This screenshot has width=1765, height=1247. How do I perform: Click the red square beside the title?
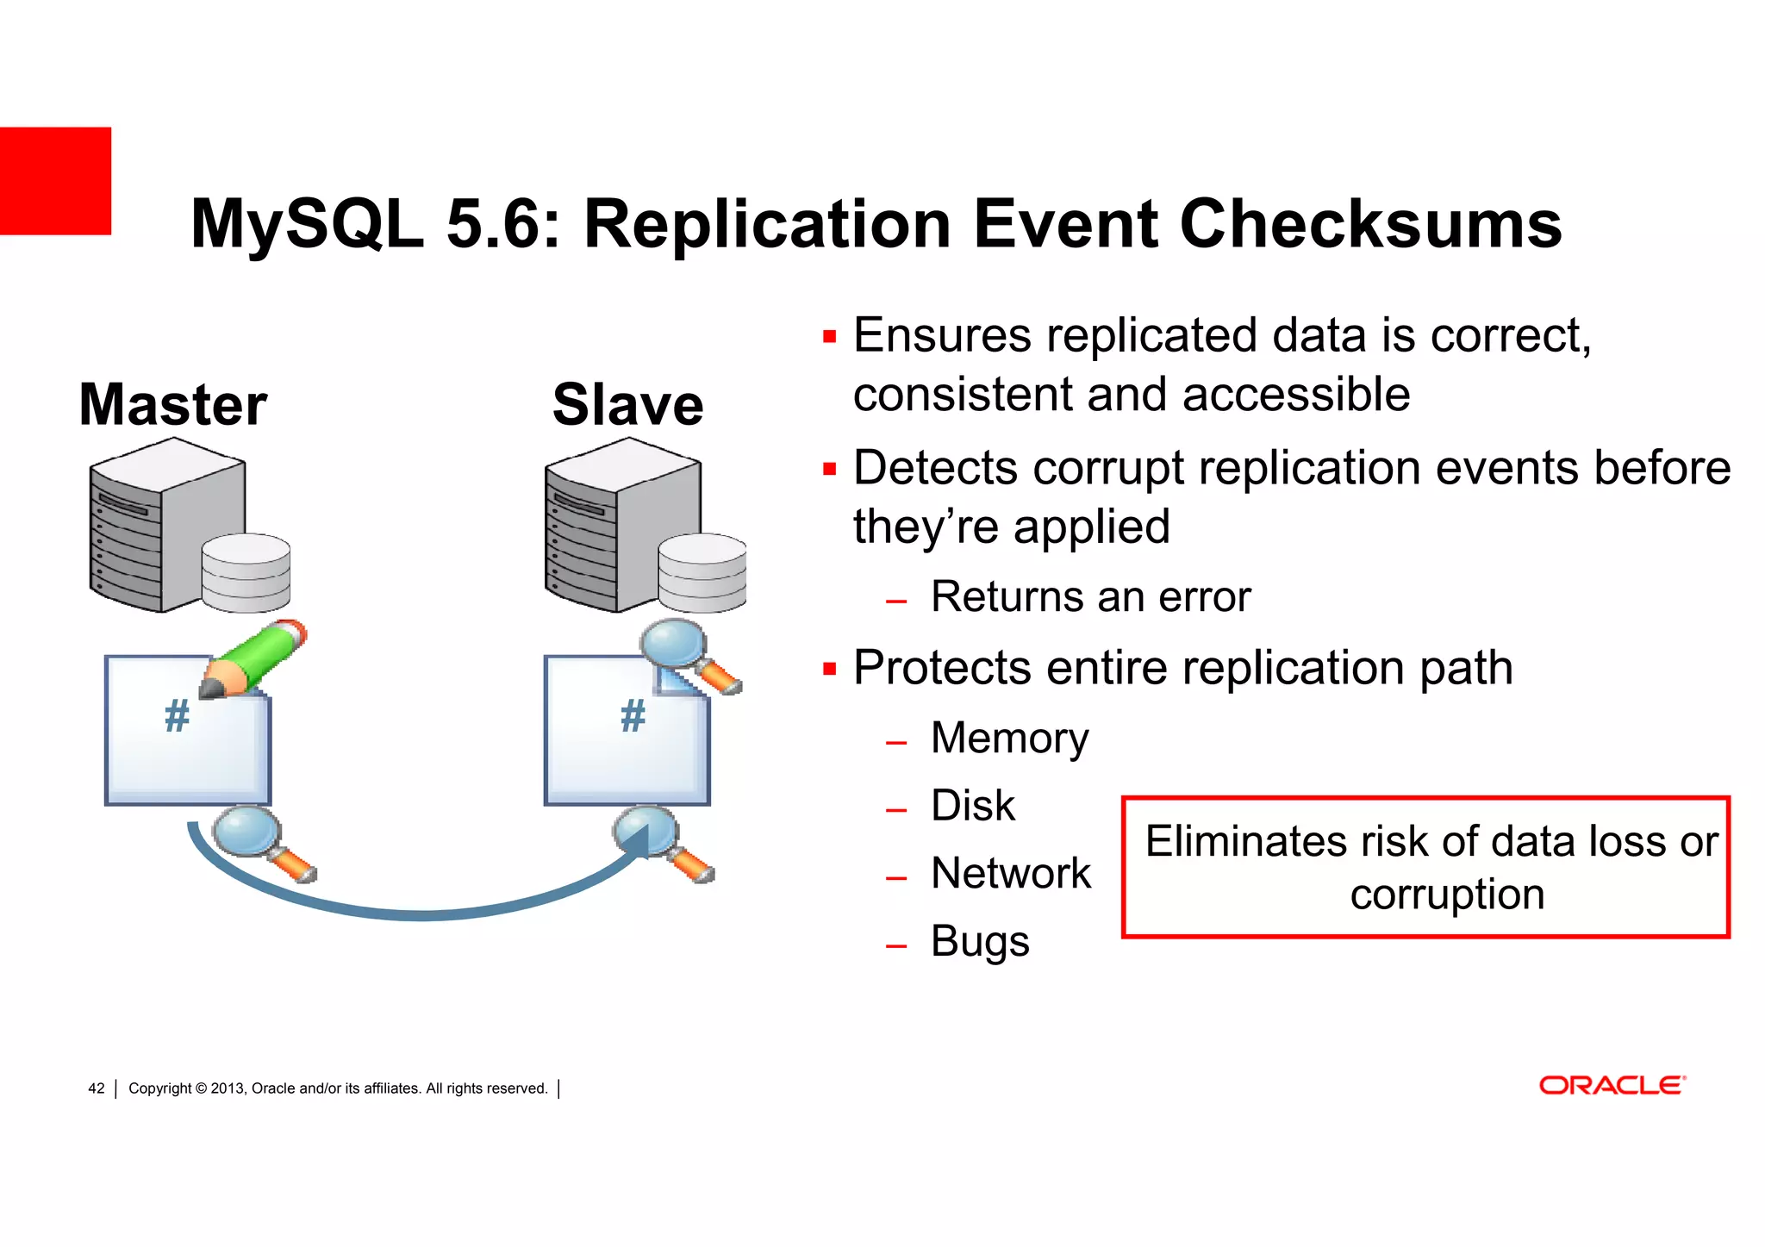pos(55,181)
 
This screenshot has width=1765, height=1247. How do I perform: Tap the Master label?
pos(172,404)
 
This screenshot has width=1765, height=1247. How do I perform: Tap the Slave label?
pos(627,404)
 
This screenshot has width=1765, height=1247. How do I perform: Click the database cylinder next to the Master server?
pos(246,573)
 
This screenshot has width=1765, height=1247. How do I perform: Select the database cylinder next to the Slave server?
pos(702,573)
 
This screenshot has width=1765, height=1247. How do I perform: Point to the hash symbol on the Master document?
pos(177,716)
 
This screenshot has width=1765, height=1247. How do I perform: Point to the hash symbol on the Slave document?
pos(633,716)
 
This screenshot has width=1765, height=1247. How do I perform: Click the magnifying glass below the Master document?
pos(250,836)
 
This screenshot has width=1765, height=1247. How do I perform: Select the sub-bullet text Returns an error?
pos(1090,597)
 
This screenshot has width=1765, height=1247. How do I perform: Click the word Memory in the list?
pos(1009,739)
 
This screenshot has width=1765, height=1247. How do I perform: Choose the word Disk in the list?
pos(973,806)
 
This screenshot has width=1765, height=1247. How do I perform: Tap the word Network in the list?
pos(1011,873)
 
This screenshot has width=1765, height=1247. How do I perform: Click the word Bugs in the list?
pos(980,941)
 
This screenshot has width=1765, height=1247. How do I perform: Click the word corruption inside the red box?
pos(1446,895)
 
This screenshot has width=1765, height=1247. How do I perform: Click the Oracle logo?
pos(1612,1085)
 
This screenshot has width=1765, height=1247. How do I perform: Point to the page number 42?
pos(97,1088)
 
